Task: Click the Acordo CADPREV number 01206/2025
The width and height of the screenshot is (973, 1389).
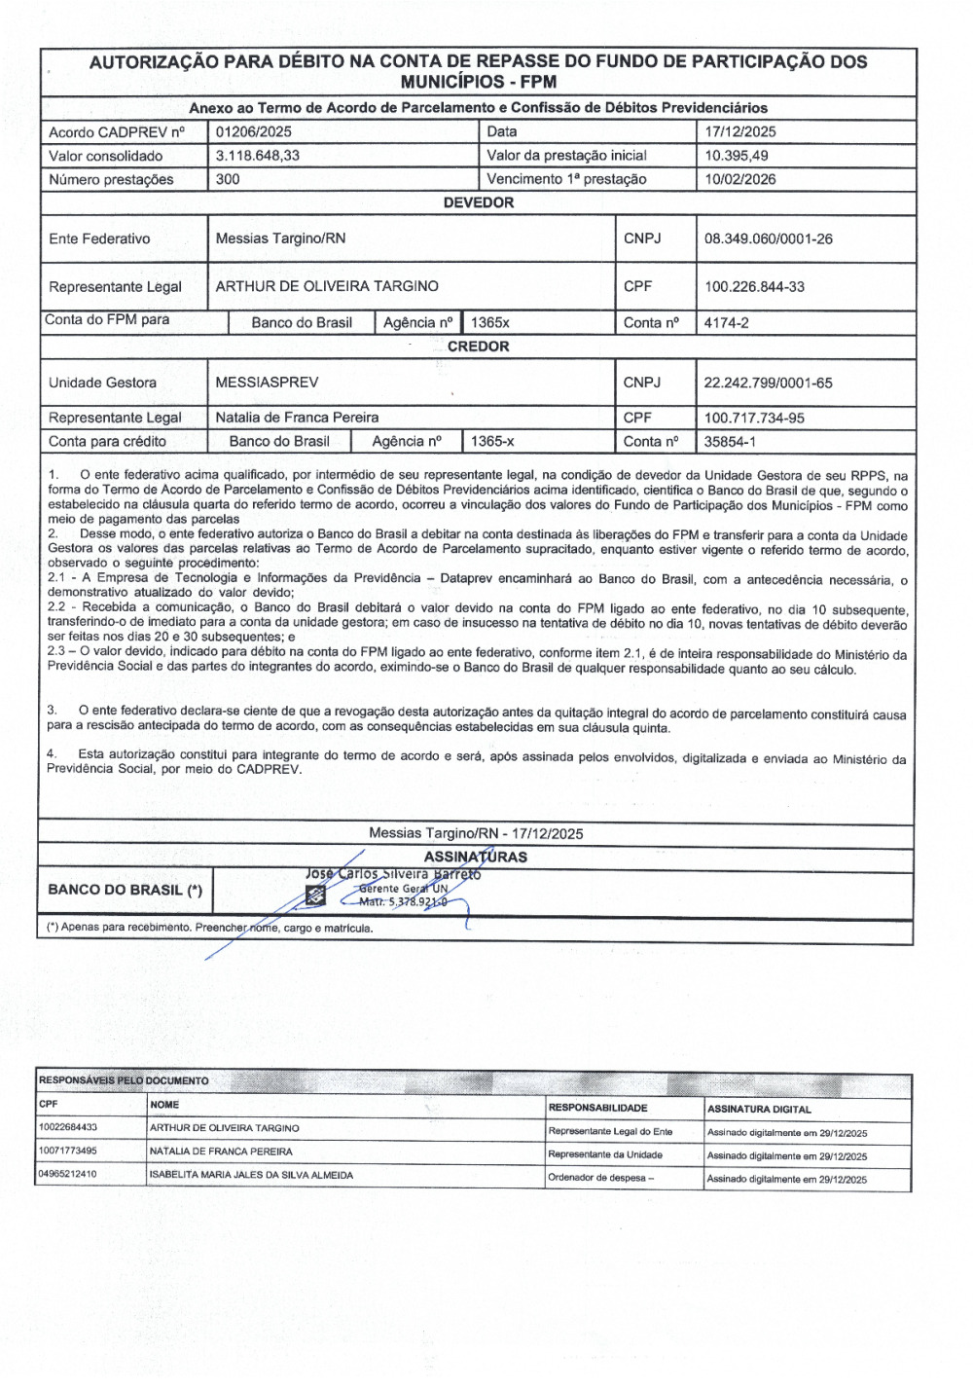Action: (x=253, y=131)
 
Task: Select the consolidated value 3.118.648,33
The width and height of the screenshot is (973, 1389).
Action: (x=257, y=156)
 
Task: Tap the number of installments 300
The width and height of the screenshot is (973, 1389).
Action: (x=228, y=179)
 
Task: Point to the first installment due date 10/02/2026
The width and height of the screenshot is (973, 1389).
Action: (x=740, y=179)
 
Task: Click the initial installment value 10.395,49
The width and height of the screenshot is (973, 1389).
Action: (x=737, y=156)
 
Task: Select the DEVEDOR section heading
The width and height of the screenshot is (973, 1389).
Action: (x=478, y=202)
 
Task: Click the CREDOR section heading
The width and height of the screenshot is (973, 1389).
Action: (x=478, y=347)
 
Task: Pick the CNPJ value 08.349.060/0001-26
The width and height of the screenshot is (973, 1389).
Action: (x=769, y=239)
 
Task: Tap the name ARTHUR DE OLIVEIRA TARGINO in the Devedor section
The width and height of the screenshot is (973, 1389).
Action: (x=327, y=286)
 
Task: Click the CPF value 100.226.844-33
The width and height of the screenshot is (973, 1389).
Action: (x=755, y=287)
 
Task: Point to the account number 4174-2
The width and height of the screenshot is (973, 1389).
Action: (x=727, y=323)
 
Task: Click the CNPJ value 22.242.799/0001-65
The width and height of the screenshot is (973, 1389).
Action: (x=768, y=384)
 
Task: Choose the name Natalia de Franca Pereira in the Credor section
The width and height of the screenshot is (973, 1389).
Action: (x=297, y=418)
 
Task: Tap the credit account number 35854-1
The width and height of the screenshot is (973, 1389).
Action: (x=730, y=442)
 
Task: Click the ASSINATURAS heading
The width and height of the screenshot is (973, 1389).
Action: (x=475, y=858)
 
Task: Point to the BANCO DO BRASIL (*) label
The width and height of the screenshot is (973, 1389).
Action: (x=125, y=890)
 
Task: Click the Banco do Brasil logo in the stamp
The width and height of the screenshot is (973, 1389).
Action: (x=315, y=896)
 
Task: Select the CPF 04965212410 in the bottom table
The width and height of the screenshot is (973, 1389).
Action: (x=67, y=1174)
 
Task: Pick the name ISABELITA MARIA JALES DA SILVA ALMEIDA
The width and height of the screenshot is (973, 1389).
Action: (x=251, y=1175)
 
